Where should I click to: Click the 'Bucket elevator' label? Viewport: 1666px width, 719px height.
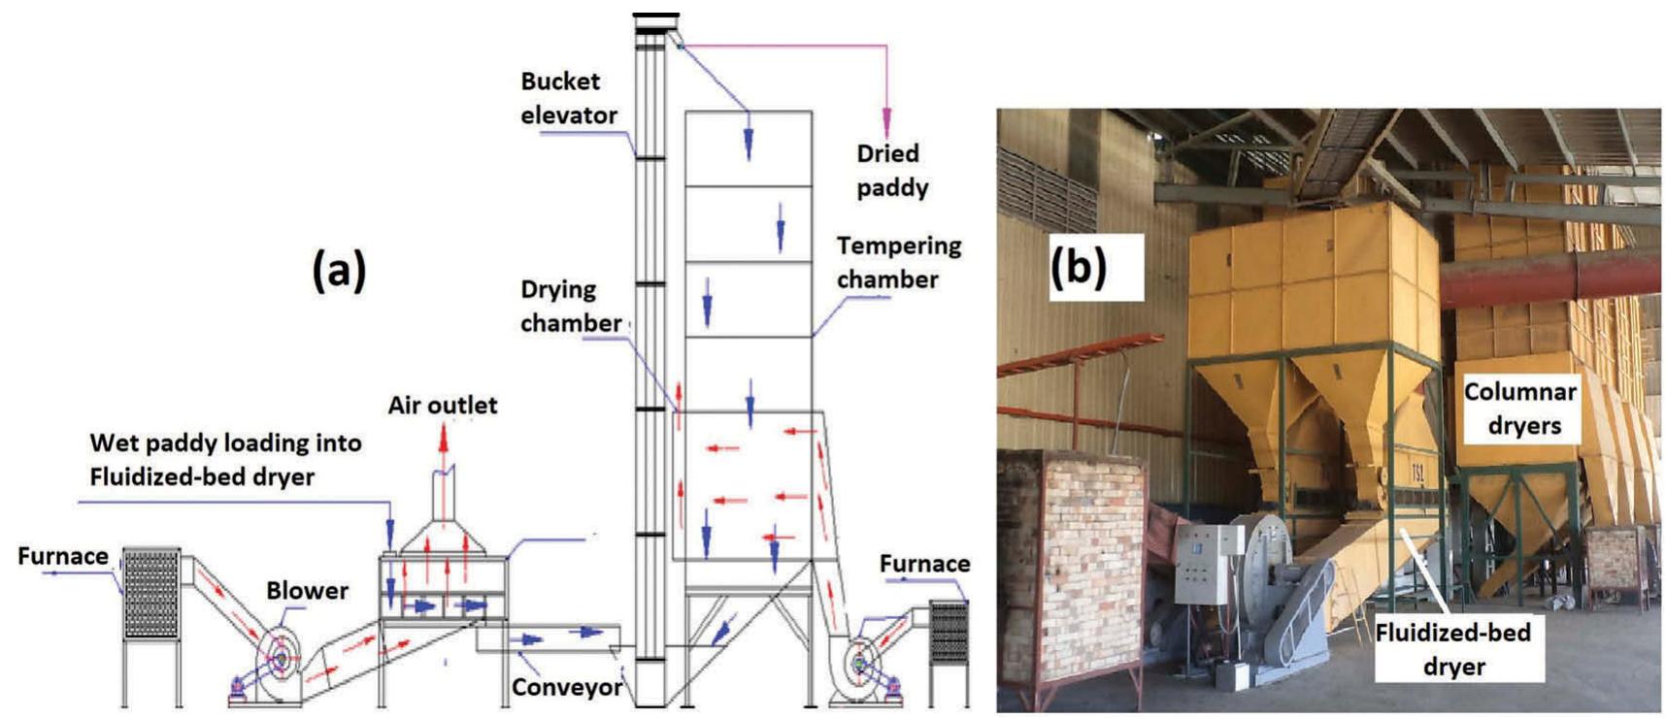pyautogui.click(x=568, y=98)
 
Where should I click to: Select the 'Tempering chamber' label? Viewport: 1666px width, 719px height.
pyautogui.click(x=898, y=262)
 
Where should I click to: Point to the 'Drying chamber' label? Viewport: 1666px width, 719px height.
pyautogui.click(x=570, y=306)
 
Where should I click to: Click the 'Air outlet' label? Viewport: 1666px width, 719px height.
pyautogui.click(x=443, y=405)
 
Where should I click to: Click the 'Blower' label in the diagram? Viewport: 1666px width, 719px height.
pyautogui.click(x=307, y=590)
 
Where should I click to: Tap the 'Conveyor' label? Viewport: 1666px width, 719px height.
pyautogui.click(x=567, y=687)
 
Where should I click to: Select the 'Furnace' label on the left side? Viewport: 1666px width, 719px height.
pyautogui.click(x=63, y=556)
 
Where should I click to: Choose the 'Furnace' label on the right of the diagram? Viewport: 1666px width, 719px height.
pyautogui.click(x=924, y=564)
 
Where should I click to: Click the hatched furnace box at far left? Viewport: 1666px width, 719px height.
pyautogui.click(x=150, y=594)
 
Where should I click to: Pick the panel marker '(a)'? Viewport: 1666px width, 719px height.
pyautogui.click(x=339, y=270)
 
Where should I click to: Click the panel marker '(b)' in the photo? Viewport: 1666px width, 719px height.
pyautogui.click(x=1078, y=266)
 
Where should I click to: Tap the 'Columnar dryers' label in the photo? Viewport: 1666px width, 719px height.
pyautogui.click(x=1521, y=409)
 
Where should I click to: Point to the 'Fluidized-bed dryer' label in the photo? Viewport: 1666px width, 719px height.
pyautogui.click(x=1452, y=649)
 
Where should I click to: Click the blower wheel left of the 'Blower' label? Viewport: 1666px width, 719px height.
pyautogui.click(x=280, y=659)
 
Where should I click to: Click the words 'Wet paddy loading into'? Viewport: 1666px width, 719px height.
pyautogui.click(x=225, y=442)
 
